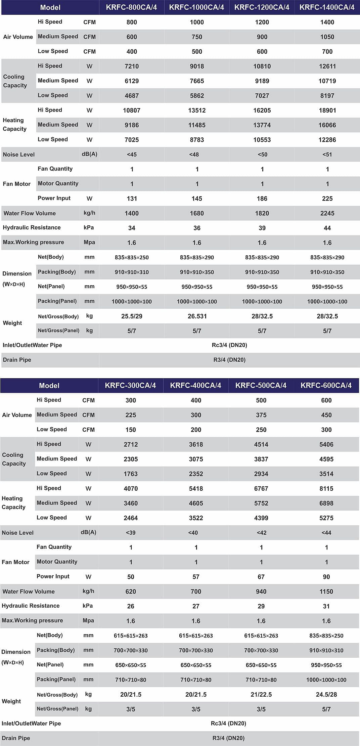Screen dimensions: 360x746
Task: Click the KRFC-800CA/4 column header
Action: pos(131,7)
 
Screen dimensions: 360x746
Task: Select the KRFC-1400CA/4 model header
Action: pos(327,7)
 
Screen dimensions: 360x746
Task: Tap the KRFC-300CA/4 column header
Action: pos(130,385)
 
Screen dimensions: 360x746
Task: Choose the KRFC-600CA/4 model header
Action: pos(326,385)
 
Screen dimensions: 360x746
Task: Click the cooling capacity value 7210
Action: pos(132,66)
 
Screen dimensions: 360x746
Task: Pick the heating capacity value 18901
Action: pos(327,110)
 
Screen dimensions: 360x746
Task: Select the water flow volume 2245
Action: pos(327,213)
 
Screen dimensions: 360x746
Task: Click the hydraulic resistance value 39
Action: pos(262,228)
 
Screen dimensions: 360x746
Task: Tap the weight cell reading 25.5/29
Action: pos(132,316)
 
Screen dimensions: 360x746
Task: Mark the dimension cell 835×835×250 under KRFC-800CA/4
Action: pos(132,258)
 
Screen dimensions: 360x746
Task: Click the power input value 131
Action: pos(132,199)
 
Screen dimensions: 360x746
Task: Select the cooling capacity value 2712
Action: pos(131,444)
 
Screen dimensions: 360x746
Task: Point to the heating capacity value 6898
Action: pos(326,503)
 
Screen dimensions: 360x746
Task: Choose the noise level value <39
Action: pos(131,533)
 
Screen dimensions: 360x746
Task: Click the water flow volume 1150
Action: pos(326,591)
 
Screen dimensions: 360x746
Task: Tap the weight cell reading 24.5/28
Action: pos(326,694)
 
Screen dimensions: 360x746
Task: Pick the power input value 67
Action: pos(261,577)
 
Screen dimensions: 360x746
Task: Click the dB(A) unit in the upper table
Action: pos(89,154)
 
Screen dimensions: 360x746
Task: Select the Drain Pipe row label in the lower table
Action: pos(16,738)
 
